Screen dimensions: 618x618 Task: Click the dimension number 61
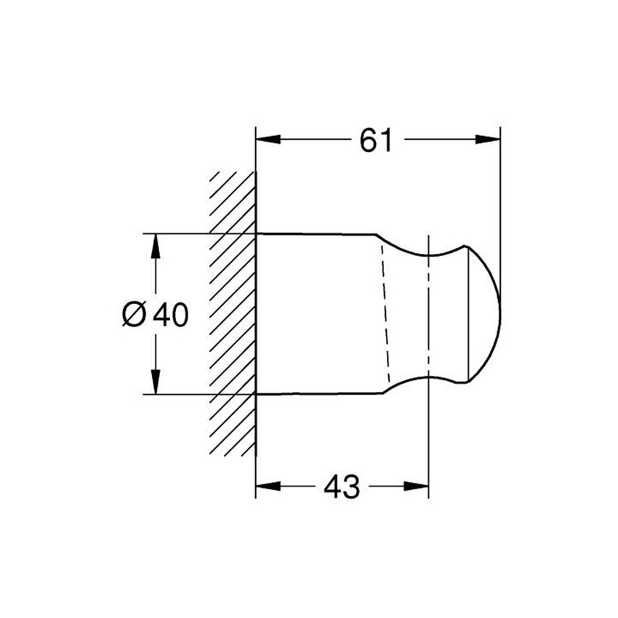coord(376,140)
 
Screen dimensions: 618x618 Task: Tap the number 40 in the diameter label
coord(171,314)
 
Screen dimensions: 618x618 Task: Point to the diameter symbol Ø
coord(135,314)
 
